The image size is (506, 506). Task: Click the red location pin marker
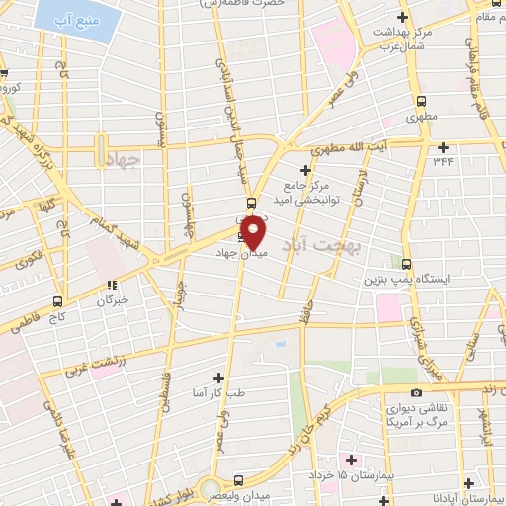pos(254,232)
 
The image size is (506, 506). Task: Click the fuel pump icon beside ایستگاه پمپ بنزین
pos(406,263)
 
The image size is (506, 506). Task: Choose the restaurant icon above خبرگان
pos(114,286)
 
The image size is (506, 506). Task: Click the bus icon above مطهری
pos(422,100)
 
